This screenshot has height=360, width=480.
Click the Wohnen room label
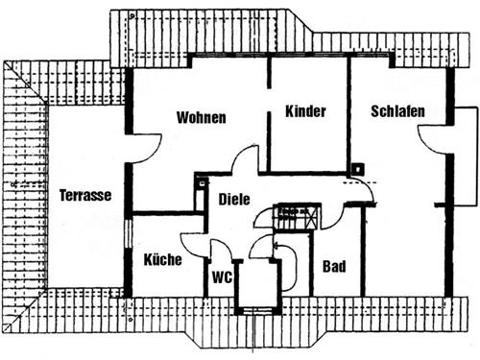click(x=201, y=118)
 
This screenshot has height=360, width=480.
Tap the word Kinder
click(x=306, y=111)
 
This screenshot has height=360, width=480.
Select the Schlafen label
click(x=397, y=111)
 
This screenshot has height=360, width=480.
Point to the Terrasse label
click(x=85, y=195)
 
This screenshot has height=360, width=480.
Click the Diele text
click(x=234, y=200)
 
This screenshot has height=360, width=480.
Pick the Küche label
click(x=162, y=259)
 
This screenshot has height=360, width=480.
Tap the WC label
click(x=222, y=278)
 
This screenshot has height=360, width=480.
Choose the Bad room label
click(x=334, y=266)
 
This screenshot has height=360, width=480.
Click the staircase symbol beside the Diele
click(x=296, y=216)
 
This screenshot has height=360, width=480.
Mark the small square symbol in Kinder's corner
click(x=356, y=169)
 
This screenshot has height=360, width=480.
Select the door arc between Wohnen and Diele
click(x=247, y=160)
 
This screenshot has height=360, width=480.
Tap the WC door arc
click(x=218, y=252)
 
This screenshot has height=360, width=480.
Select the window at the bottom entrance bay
click(x=254, y=309)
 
